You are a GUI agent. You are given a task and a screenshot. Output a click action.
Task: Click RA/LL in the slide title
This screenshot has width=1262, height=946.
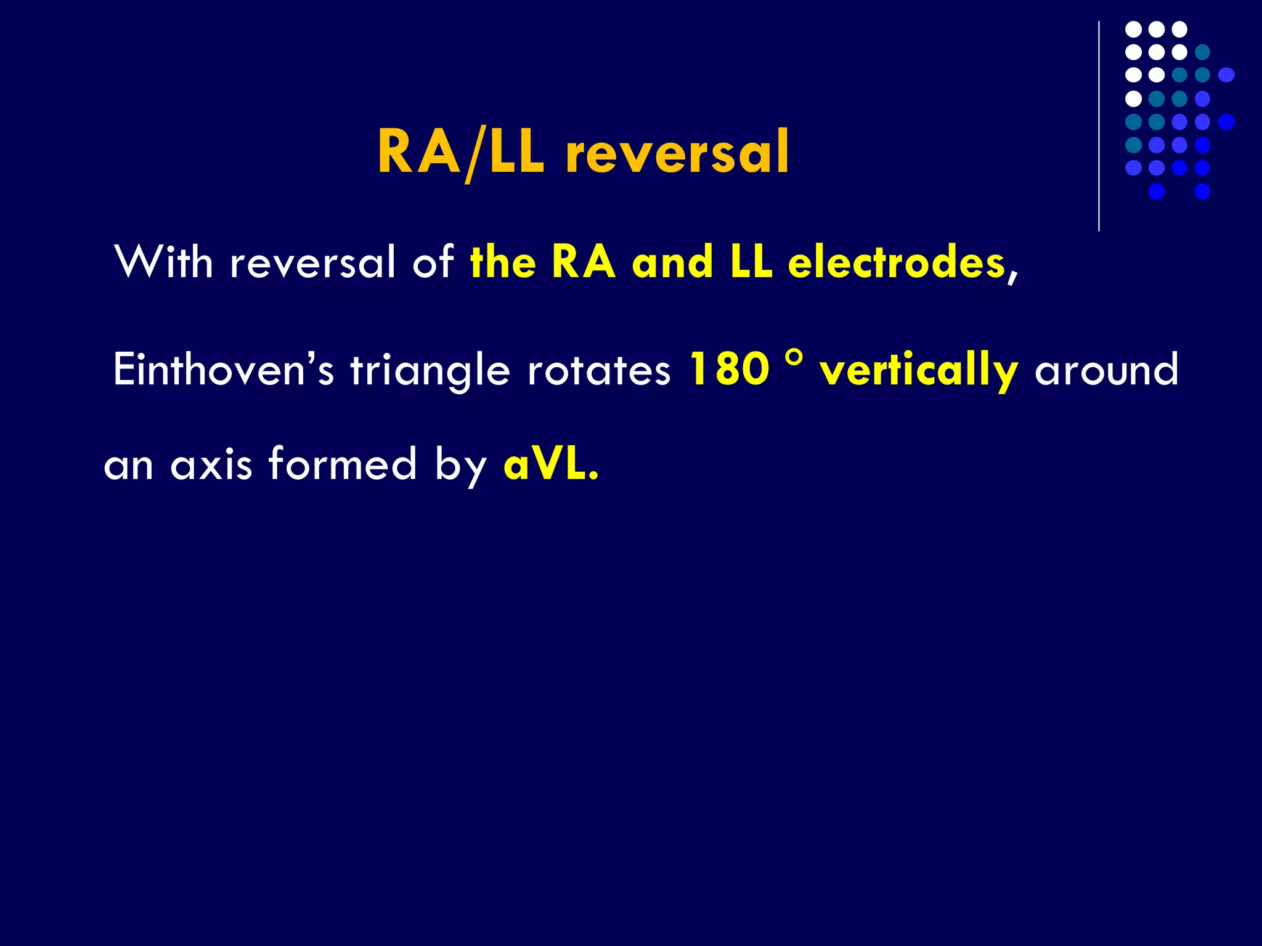pos(461,153)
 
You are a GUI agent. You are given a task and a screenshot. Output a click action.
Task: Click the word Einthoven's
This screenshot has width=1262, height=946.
pos(223,370)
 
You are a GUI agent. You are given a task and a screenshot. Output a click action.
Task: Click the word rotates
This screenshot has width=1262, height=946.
pos(599,370)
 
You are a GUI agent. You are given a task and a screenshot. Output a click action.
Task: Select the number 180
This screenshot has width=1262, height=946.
pos(730,370)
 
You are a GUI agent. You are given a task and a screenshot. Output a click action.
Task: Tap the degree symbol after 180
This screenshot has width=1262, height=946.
pos(795,359)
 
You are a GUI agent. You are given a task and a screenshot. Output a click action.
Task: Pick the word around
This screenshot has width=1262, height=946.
pos(1106,370)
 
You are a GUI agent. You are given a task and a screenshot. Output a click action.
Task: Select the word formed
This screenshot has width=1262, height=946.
pos(343,464)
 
